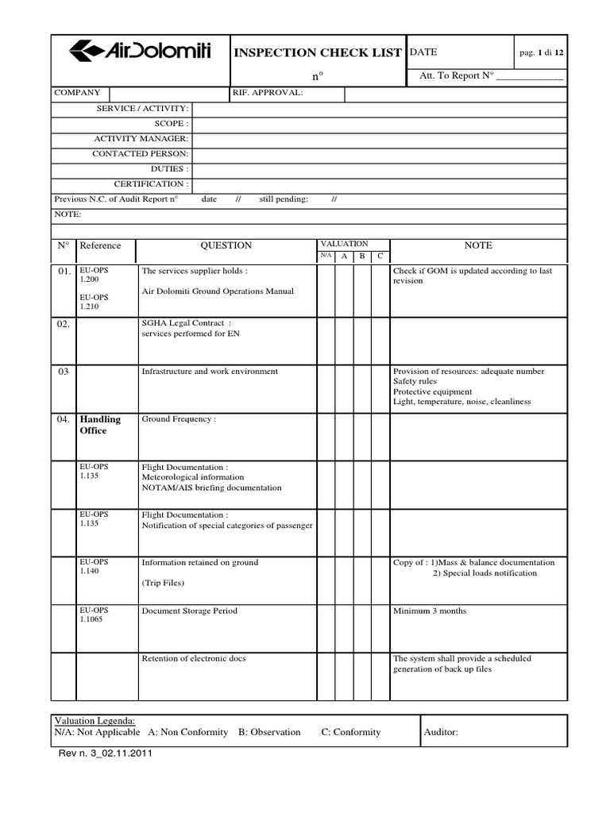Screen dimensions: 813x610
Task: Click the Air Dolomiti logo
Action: pos(140,52)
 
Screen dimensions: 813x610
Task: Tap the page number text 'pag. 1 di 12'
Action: pos(541,52)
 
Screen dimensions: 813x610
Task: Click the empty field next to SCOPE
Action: pos(379,124)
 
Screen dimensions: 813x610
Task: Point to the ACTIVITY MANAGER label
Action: pos(141,139)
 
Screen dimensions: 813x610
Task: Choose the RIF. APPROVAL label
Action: pos(268,93)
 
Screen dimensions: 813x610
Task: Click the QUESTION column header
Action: pos(226,246)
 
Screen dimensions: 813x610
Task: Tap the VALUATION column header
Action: pos(343,243)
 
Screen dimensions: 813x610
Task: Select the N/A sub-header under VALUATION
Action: pos(326,256)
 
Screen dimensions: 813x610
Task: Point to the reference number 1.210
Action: pos(89,306)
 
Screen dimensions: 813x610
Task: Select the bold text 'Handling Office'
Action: pos(100,425)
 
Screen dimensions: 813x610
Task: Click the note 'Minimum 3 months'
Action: pos(430,611)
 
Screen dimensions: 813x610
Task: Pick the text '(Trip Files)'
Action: pos(163,583)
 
